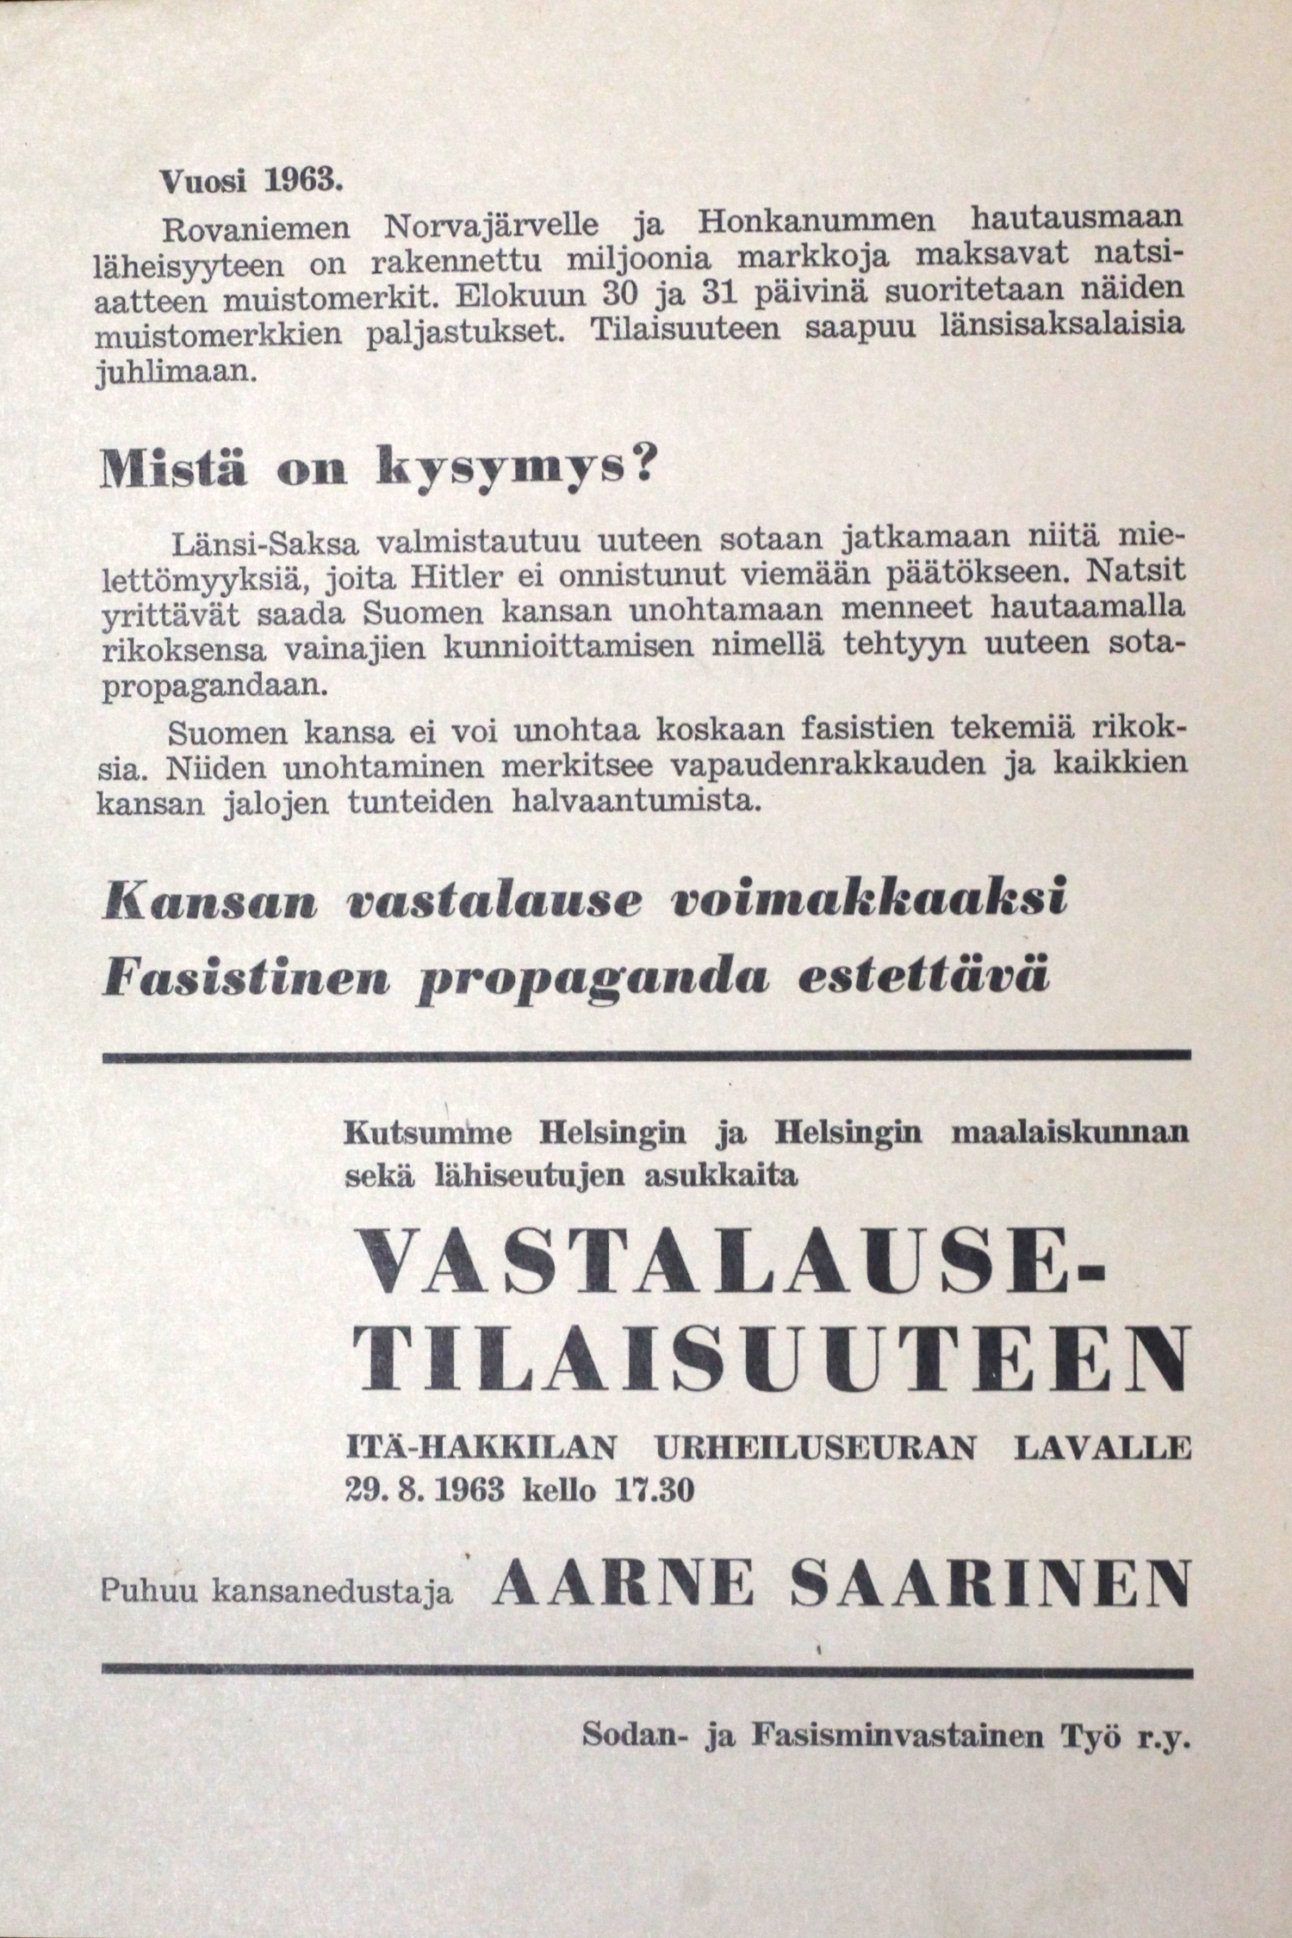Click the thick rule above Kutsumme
click(x=646, y=1055)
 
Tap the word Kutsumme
click(x=427, y=1134)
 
